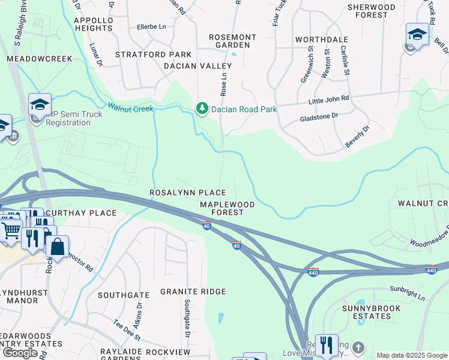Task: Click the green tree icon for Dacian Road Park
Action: click(x=202, y=109)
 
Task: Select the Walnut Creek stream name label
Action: click(x=130, y=108)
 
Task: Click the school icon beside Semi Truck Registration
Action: click(x=40, y=105)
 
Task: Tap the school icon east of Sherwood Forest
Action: click(x=417, y=34)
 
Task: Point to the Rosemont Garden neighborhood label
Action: click(x=232, y=41)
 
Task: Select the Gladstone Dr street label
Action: click(x=319, y=118)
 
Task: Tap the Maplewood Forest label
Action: click(x=227, y=208)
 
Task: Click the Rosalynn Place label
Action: click(x=187, y=193)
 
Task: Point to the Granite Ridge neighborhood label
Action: click(x=193, y=292)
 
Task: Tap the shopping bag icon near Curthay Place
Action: click(x=57, y=246)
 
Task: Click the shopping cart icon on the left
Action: click(x=10, y=230)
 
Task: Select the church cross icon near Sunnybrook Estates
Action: click(x=358, y=347)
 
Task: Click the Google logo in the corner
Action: click(x=19, y=353)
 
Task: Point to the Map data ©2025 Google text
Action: click(x=411, y=355)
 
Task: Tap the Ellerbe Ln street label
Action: click(x=151, y=27)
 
